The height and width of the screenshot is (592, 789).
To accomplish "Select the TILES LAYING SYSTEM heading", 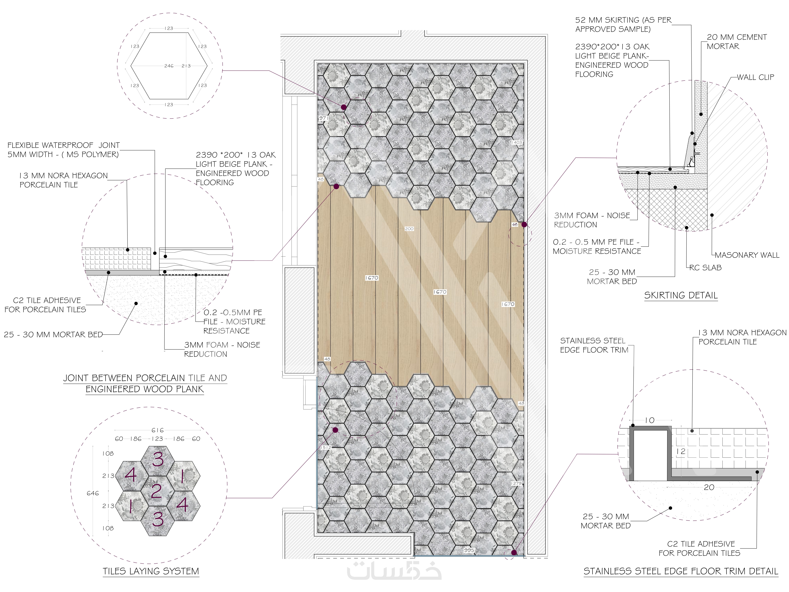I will [x=151, y=571].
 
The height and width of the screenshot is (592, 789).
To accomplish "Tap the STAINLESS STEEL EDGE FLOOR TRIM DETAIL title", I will [x=681, y=571].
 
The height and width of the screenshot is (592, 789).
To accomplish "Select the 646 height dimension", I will [x=93, y=493].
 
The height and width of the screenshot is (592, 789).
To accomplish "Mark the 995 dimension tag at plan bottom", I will [x=469, y=550].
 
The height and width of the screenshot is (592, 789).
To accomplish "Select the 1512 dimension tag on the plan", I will [x=326, y=447].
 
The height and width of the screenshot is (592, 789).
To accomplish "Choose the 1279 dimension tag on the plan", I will [x=516, y=483].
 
